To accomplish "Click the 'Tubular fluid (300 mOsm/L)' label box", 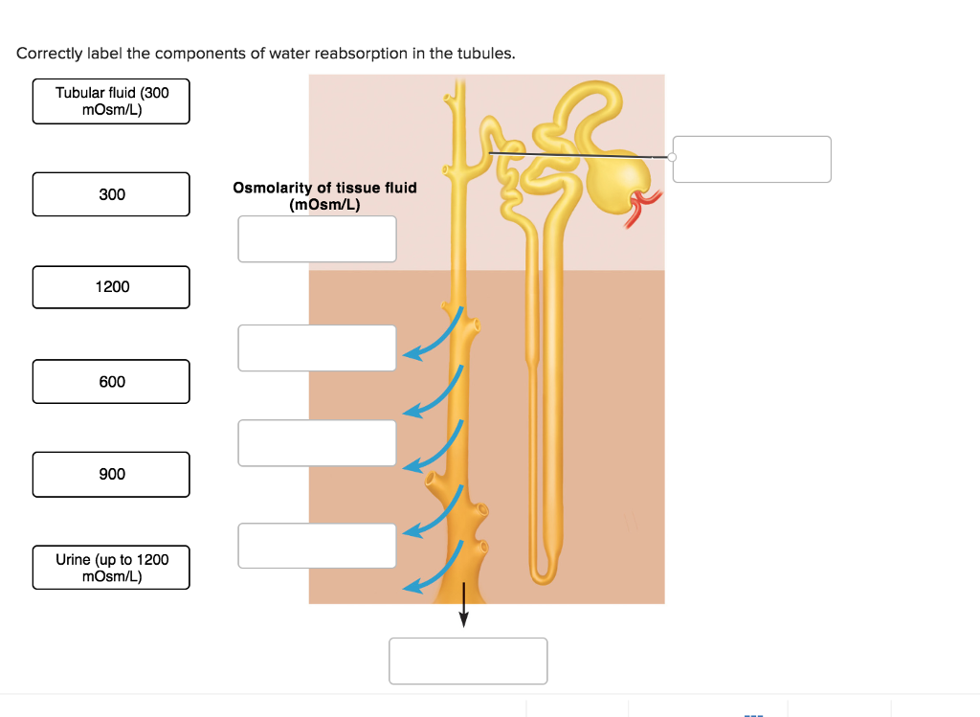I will click(111, 101).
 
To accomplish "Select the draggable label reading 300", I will click(111, 194).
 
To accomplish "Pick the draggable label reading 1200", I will click(111, 287).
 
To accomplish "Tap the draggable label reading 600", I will click(111, 382).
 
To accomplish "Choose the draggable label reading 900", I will click(111, 475).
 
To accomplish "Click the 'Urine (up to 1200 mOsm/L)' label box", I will click(111, 568).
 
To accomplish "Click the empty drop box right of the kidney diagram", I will click(751, 159).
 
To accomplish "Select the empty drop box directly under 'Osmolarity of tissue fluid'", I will click(317, 238).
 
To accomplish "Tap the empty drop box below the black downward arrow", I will click(468, 661).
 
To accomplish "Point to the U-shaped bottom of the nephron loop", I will click(544, 573).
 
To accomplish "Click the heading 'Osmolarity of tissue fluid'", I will click(324, 188).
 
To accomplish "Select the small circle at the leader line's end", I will click(672, 157).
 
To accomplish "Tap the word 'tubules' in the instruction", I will click(488, 54).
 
